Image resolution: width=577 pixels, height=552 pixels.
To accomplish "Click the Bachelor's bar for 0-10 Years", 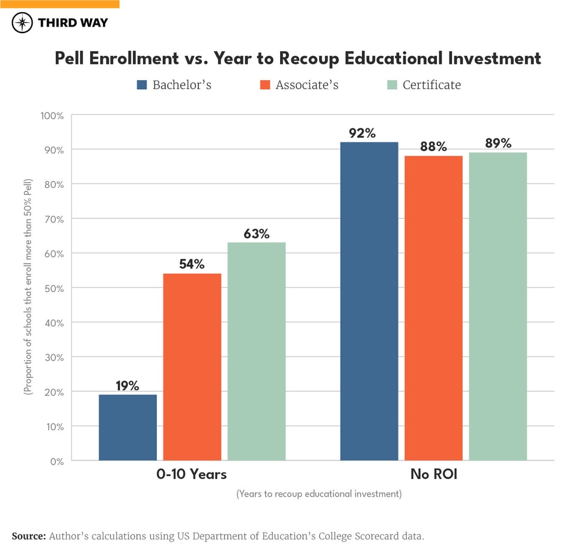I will point(127,427).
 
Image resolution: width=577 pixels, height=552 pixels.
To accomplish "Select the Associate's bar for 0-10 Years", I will point(192,367).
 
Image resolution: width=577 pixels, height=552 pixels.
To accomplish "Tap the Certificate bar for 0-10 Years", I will point(256,352).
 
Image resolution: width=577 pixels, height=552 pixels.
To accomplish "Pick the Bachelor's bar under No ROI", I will point(369,301).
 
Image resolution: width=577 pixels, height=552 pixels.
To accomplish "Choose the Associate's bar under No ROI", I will point(433,308).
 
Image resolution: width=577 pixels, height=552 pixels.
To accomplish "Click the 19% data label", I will point(127,386).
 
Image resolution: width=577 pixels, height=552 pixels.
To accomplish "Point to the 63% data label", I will point(256,234).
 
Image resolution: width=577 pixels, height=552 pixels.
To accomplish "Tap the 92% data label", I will point(362,133).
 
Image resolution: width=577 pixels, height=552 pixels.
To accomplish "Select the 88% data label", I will point(433,147).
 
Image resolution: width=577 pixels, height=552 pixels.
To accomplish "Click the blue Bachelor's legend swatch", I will point(142,85).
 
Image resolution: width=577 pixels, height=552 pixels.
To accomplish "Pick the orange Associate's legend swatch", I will point(265,85).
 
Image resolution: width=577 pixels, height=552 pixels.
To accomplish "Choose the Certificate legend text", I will point(432,85).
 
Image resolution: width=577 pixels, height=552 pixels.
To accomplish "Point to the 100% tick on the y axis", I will point(52,115).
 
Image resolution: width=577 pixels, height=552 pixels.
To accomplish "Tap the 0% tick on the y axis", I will point(56,461).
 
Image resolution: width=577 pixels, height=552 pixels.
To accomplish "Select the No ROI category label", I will point(433,474).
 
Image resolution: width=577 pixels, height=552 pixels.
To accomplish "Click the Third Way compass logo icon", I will point(22,23).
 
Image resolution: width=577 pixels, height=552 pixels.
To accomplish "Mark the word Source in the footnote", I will point(28,536).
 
